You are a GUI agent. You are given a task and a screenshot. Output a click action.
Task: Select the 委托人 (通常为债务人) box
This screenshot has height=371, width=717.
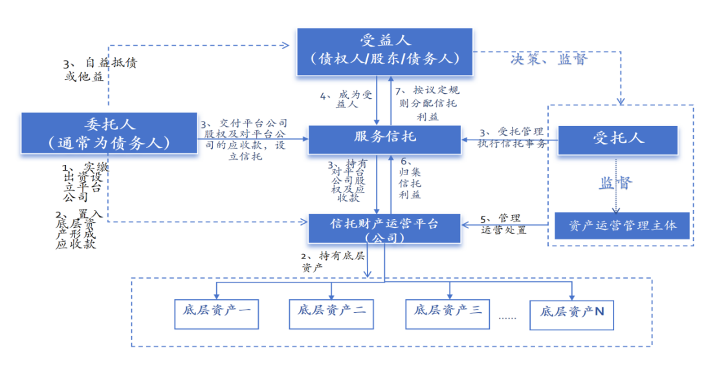tap(109, 133)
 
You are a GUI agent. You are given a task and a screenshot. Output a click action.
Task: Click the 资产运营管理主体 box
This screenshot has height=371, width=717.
tap(623, 226)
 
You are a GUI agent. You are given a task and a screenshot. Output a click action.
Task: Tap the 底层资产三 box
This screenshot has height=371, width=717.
tap(448, 311)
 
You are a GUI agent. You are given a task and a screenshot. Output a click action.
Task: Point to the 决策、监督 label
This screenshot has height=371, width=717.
tap(549, 59)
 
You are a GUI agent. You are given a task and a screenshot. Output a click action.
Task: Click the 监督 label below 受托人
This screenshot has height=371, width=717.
tap(615, 183)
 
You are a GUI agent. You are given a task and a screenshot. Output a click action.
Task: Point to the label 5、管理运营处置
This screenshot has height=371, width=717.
tap(503, 223)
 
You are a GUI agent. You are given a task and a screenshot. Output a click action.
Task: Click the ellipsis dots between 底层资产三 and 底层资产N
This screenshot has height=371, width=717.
tap(508, 317)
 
